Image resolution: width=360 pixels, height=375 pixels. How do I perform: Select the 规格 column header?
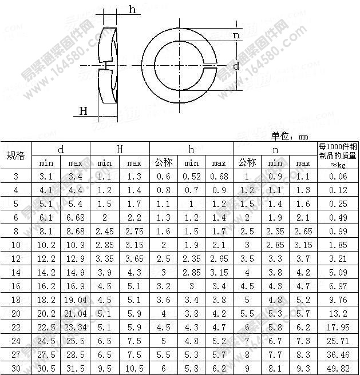point(15,156)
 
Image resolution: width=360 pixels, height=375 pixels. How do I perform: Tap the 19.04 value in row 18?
point(75,300)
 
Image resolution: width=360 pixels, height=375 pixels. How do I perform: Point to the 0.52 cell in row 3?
point(192,177)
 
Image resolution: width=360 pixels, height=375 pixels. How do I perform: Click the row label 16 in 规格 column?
point(15,286)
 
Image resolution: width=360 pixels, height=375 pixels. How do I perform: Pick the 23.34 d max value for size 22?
point(75,328)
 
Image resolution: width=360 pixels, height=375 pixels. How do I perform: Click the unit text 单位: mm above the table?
point(290,136)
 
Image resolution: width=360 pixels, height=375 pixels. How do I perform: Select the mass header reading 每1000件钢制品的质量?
point(338,155)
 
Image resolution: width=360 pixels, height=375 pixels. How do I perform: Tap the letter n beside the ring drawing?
point(236,35)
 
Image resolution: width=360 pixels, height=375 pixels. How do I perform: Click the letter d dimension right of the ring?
point(236,66)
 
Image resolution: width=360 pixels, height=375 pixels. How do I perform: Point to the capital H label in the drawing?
point(84,110)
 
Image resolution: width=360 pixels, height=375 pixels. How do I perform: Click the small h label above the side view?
point(133,9)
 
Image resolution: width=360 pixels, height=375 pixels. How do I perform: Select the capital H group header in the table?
point(120,149)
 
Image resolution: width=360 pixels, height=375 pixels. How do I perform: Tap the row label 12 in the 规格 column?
point(15,259)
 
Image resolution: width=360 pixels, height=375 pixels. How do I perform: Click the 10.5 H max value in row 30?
point(134,369)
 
